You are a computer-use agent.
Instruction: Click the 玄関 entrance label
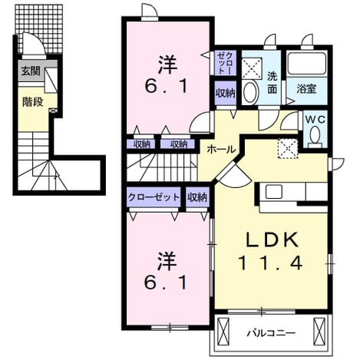[x=31, y=71]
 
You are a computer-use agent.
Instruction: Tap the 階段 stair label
[x=32, y=102]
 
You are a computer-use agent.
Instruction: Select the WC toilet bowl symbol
[x=315, y=134]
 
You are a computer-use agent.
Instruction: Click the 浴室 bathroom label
[x=306, y=89]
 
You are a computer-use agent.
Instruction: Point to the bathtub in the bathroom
[x=306, y=64]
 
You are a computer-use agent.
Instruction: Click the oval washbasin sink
[x=250, y=92]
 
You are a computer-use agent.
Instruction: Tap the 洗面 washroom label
[x=272, y=82]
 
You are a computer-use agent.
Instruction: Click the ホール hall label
[x=221, y=149]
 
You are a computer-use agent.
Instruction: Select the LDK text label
[x=272, y=240]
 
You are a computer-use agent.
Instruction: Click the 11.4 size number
[x=270, y=263]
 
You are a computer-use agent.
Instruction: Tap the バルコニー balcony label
[x=271, y=333]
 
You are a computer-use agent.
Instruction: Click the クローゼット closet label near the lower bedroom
[x=154, y=197]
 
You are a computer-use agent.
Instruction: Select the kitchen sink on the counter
[x=274, y=192]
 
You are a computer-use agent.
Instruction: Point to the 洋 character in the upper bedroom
[x=168, y=64]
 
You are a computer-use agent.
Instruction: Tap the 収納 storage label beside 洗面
[x=225, y=93]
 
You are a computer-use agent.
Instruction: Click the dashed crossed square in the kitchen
[x=288, y=149]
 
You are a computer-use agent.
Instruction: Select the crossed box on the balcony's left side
[x=223, y=331]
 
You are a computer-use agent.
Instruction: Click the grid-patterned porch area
[x=39, y=28]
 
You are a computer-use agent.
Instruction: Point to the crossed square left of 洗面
[x=252, y=68]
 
